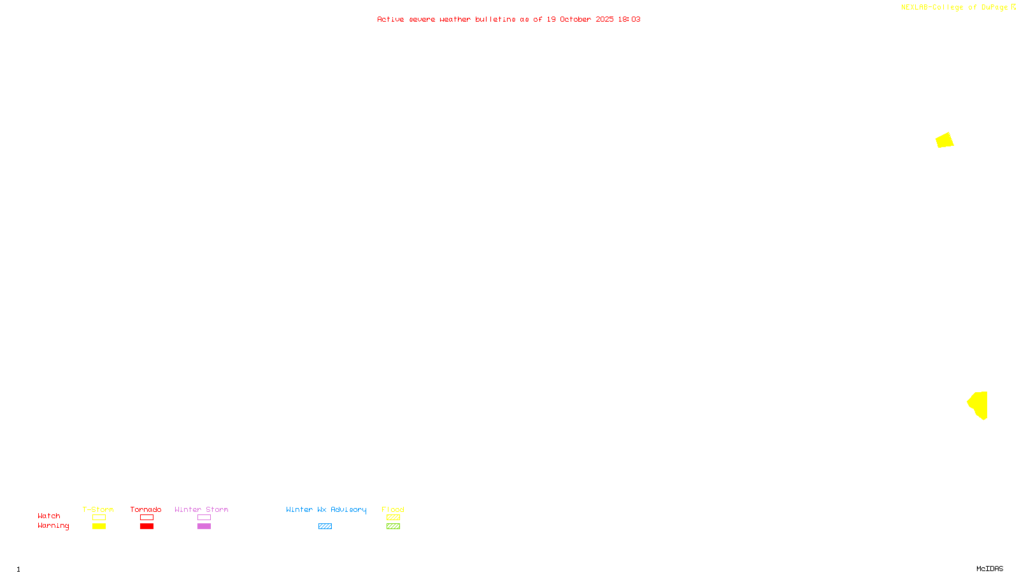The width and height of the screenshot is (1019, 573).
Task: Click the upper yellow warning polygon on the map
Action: pos(944,140)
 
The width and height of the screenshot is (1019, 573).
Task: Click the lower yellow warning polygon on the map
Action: pos(980,405)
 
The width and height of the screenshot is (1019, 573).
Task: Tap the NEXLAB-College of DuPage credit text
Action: pos(955,7)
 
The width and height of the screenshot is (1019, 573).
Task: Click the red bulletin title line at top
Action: pos(508,19)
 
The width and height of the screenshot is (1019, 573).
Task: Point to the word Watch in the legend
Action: pos(49,516)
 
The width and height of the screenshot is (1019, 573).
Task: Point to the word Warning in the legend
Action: pos(53,526)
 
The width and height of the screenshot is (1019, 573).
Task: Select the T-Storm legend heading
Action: pos(98,509)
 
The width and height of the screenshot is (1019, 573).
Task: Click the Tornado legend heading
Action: pos(146,509)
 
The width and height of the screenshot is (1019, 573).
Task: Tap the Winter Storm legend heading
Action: pos(201,509)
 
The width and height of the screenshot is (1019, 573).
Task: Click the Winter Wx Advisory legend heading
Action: pos(326,509)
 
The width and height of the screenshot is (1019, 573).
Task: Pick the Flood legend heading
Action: pos(393,509)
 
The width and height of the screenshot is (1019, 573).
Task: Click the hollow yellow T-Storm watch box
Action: pos(99,518)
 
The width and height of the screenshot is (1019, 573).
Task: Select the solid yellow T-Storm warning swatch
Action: pos(99,527)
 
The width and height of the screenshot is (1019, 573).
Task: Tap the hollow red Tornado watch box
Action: pos(146,518)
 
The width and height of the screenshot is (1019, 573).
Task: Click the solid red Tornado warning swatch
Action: pos(146,527)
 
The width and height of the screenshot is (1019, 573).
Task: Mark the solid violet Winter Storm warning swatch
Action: pos(204,527)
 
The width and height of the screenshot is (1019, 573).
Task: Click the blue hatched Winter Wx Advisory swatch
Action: pos(325,527)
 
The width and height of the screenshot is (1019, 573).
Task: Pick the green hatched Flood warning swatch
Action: pos(393,527)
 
